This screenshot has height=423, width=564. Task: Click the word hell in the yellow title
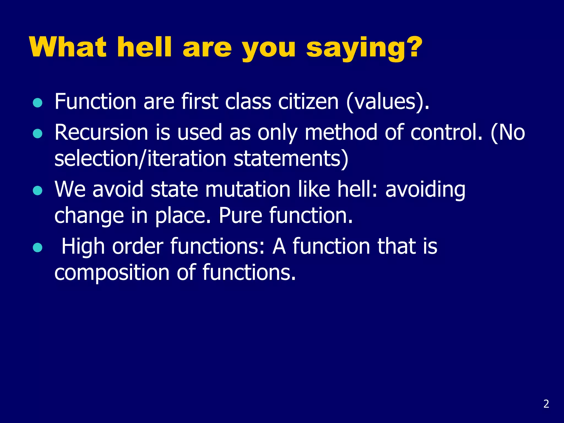(145, 47)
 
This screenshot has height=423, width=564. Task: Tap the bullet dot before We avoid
(37, 191)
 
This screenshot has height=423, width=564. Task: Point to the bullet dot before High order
(37, 247)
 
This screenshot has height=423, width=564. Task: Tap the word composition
(112, 273)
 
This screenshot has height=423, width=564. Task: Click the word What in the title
(68, 47)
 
